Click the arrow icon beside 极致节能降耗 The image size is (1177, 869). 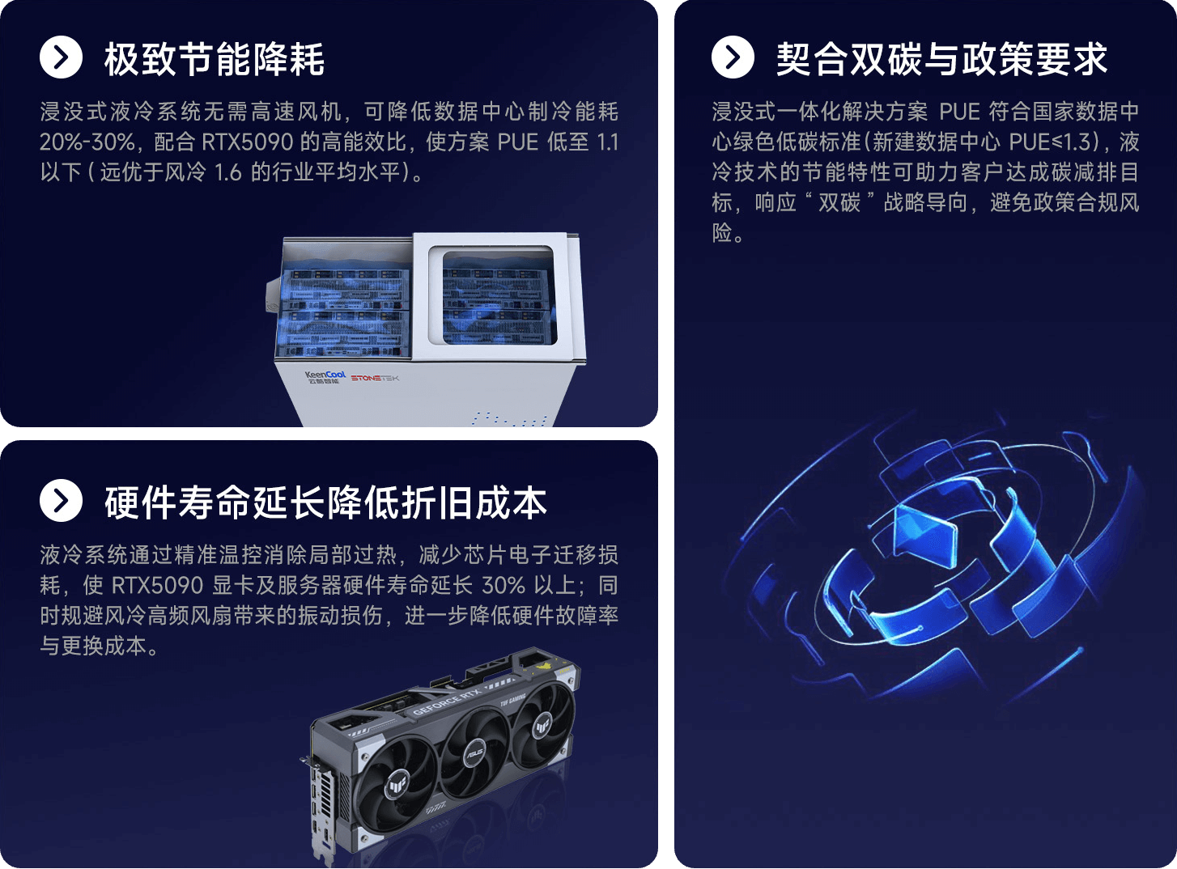pos(61,57)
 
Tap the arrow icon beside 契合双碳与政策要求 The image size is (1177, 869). pos(733,57)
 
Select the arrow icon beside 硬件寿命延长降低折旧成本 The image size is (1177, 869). pos(61,501)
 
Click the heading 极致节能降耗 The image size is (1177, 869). pos(214,59)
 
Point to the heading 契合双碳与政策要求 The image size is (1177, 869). pos(942,59)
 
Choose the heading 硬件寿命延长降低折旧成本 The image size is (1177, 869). pos(325,502)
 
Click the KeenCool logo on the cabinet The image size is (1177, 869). pos(325,377)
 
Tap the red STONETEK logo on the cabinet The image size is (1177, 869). pos(375,378)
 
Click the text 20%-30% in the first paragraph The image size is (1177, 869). pos(87,142)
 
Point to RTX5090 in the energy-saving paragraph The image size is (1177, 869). pos(247,142)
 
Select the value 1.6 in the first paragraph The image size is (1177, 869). pos(227,172)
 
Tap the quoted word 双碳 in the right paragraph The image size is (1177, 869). pos(839,202)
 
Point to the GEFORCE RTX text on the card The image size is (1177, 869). pos(447,701)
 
